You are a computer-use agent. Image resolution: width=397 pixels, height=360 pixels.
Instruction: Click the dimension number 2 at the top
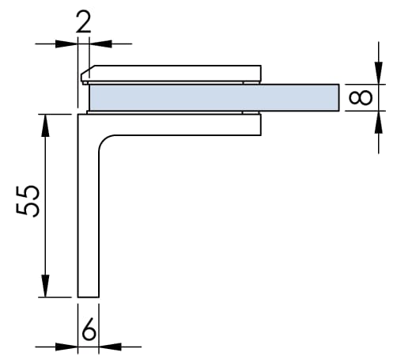84,22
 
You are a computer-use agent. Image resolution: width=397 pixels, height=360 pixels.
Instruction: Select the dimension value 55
28,201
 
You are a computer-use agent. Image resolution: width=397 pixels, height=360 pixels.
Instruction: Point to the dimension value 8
361,97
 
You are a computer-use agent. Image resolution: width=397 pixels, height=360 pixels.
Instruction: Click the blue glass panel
214,97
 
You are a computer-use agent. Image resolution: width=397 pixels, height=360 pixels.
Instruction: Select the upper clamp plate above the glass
171,74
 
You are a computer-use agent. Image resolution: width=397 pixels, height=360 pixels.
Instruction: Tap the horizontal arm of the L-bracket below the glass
180,125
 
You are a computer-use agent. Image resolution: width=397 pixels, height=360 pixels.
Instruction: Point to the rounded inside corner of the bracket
104,141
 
